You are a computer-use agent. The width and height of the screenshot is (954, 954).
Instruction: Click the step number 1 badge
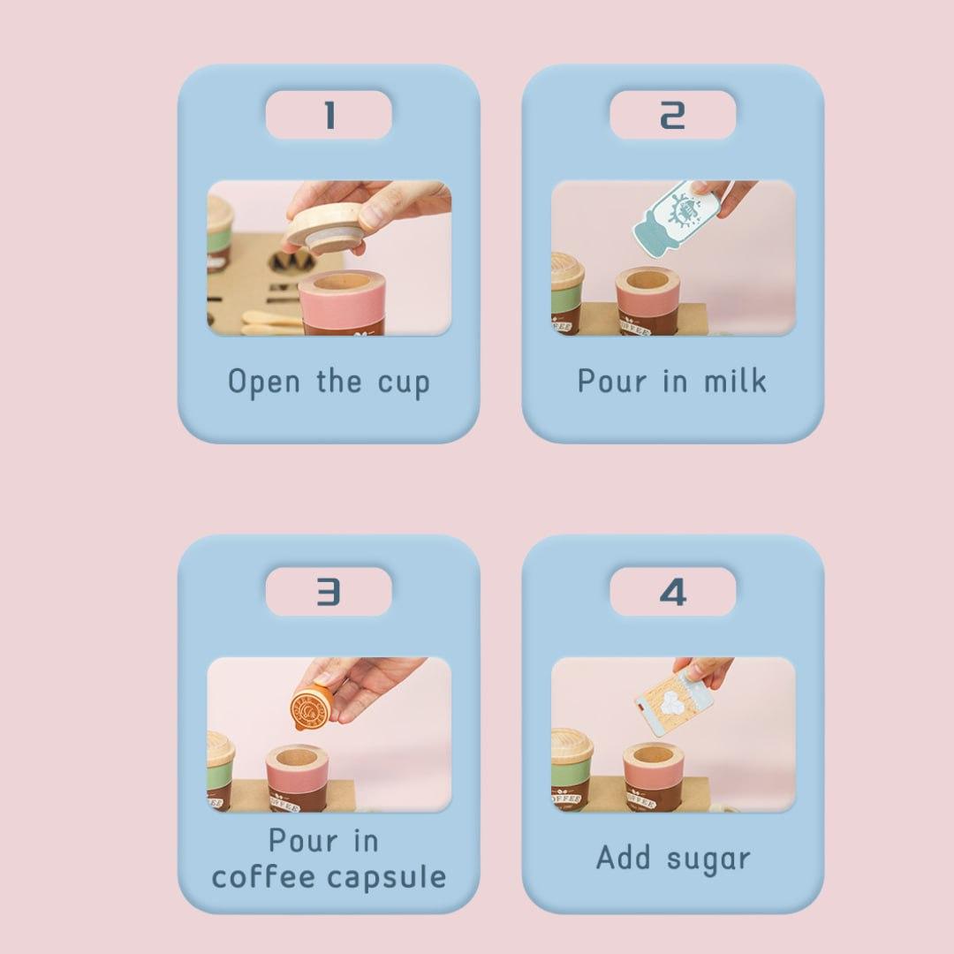[x=329, y=115]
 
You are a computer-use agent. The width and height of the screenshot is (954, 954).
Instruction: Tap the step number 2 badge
[x=673, y=115]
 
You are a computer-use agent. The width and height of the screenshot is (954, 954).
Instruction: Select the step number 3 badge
[x=329, y=591]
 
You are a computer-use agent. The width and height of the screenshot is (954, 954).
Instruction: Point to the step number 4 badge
[x=673, y=591]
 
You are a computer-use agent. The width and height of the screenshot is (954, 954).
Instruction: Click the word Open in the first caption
[x=264, y=382]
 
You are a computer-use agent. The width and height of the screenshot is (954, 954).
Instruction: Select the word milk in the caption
[x=735, y=381]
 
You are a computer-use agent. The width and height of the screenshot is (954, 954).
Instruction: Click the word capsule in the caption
[x=386, y=877]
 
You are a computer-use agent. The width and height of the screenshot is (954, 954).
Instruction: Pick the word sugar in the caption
[x=708, y=859]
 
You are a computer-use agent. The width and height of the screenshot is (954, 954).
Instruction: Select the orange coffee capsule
[x=312, y=706]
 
